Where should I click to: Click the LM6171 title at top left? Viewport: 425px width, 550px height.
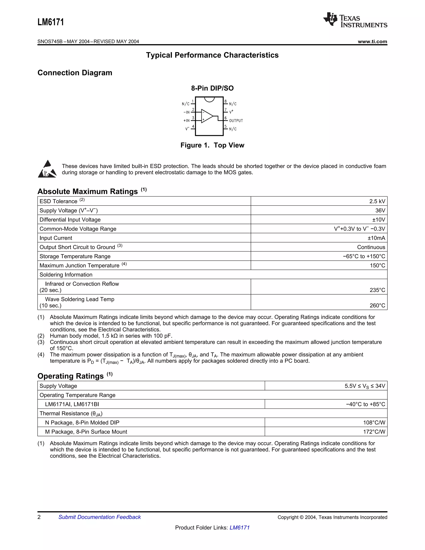[51, 22]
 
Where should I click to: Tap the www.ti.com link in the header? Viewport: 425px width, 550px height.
[372, 42]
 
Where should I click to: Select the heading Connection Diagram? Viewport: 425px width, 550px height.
[75, 73]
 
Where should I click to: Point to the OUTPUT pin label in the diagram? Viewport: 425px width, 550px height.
[236, 121]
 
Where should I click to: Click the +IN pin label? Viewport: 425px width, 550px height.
[186, 121]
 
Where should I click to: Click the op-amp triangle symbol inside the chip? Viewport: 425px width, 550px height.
[207, 116]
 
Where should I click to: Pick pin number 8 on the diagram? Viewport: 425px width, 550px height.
[226, 101]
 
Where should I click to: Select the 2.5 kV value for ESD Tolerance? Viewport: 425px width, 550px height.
[377, 201]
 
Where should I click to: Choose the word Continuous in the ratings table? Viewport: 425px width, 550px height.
[371, 247]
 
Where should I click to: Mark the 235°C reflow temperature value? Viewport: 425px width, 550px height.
[377, 290]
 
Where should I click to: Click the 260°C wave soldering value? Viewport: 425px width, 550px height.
[377, 306]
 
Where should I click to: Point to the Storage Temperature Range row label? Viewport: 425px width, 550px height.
[75, 256]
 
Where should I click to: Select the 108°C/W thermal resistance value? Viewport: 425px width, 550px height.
[374, 423]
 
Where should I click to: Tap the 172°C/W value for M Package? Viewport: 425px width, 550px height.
[374, 432]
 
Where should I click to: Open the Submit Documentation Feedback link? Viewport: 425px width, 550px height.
[99, 517]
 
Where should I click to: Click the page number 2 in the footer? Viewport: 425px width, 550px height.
[39, 517]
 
